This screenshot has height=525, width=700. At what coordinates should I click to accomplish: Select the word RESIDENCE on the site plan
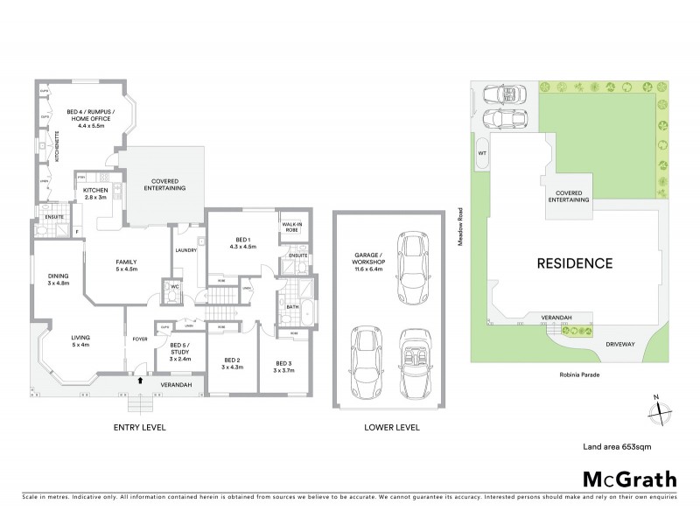click(x=574, y=262)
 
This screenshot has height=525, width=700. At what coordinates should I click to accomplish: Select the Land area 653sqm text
click(x=617, y=446)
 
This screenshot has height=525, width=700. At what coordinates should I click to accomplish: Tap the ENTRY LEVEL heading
click(x=139, y=428)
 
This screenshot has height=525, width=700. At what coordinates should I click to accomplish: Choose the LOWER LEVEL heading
click(x=392, y=428)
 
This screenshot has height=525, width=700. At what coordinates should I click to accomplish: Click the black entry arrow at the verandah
click(x=139, y=381)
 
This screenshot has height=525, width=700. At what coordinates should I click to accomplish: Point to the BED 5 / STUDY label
click(x=182, y=349)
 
